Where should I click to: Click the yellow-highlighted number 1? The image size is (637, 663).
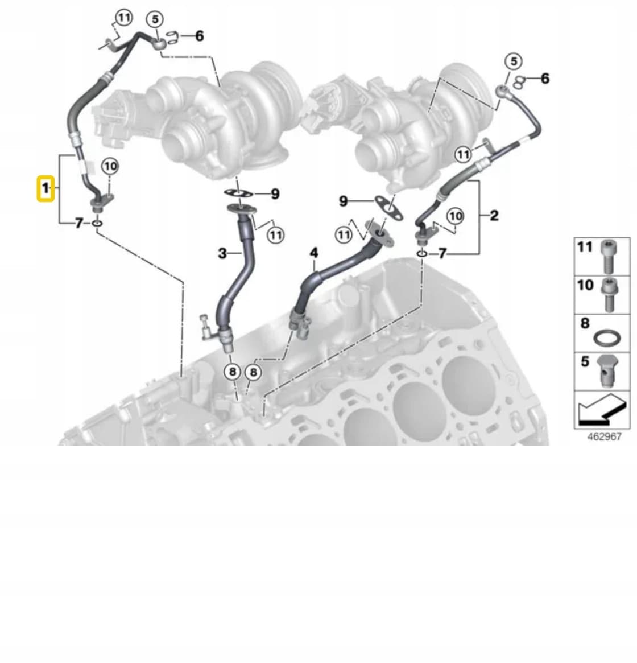[x=45, y=188]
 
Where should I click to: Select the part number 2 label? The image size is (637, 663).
[x=494, y=216]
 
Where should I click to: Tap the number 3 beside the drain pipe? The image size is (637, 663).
[x=222, y=253]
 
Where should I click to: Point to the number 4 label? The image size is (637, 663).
[x=313, y=253]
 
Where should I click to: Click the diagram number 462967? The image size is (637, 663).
[x=605, y=436]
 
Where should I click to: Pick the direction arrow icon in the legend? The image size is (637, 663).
[x=601, y=409]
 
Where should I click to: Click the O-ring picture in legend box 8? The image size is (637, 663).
[x=607, y=338]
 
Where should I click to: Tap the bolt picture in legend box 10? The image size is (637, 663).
[x=609, y=295]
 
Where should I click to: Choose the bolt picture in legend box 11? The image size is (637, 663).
[x=608, y=257]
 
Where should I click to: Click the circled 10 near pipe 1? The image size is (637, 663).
[x=110, y=166]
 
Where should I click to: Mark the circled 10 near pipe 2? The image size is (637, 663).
[x=455, y=216]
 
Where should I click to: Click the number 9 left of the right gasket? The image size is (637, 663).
[x=343, y=201]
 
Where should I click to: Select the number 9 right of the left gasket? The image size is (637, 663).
[x=275, y=194]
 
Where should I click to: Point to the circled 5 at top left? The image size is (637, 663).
[x=155, y=19]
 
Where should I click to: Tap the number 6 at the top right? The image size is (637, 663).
[x=545, y=78]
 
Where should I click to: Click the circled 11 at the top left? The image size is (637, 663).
[x=123, y=18]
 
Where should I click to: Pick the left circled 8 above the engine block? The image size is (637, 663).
[x=233, y=372]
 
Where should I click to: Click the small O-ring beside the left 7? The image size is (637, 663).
[x=97, y=223]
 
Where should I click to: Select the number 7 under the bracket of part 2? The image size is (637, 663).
[x=442, y=253]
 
